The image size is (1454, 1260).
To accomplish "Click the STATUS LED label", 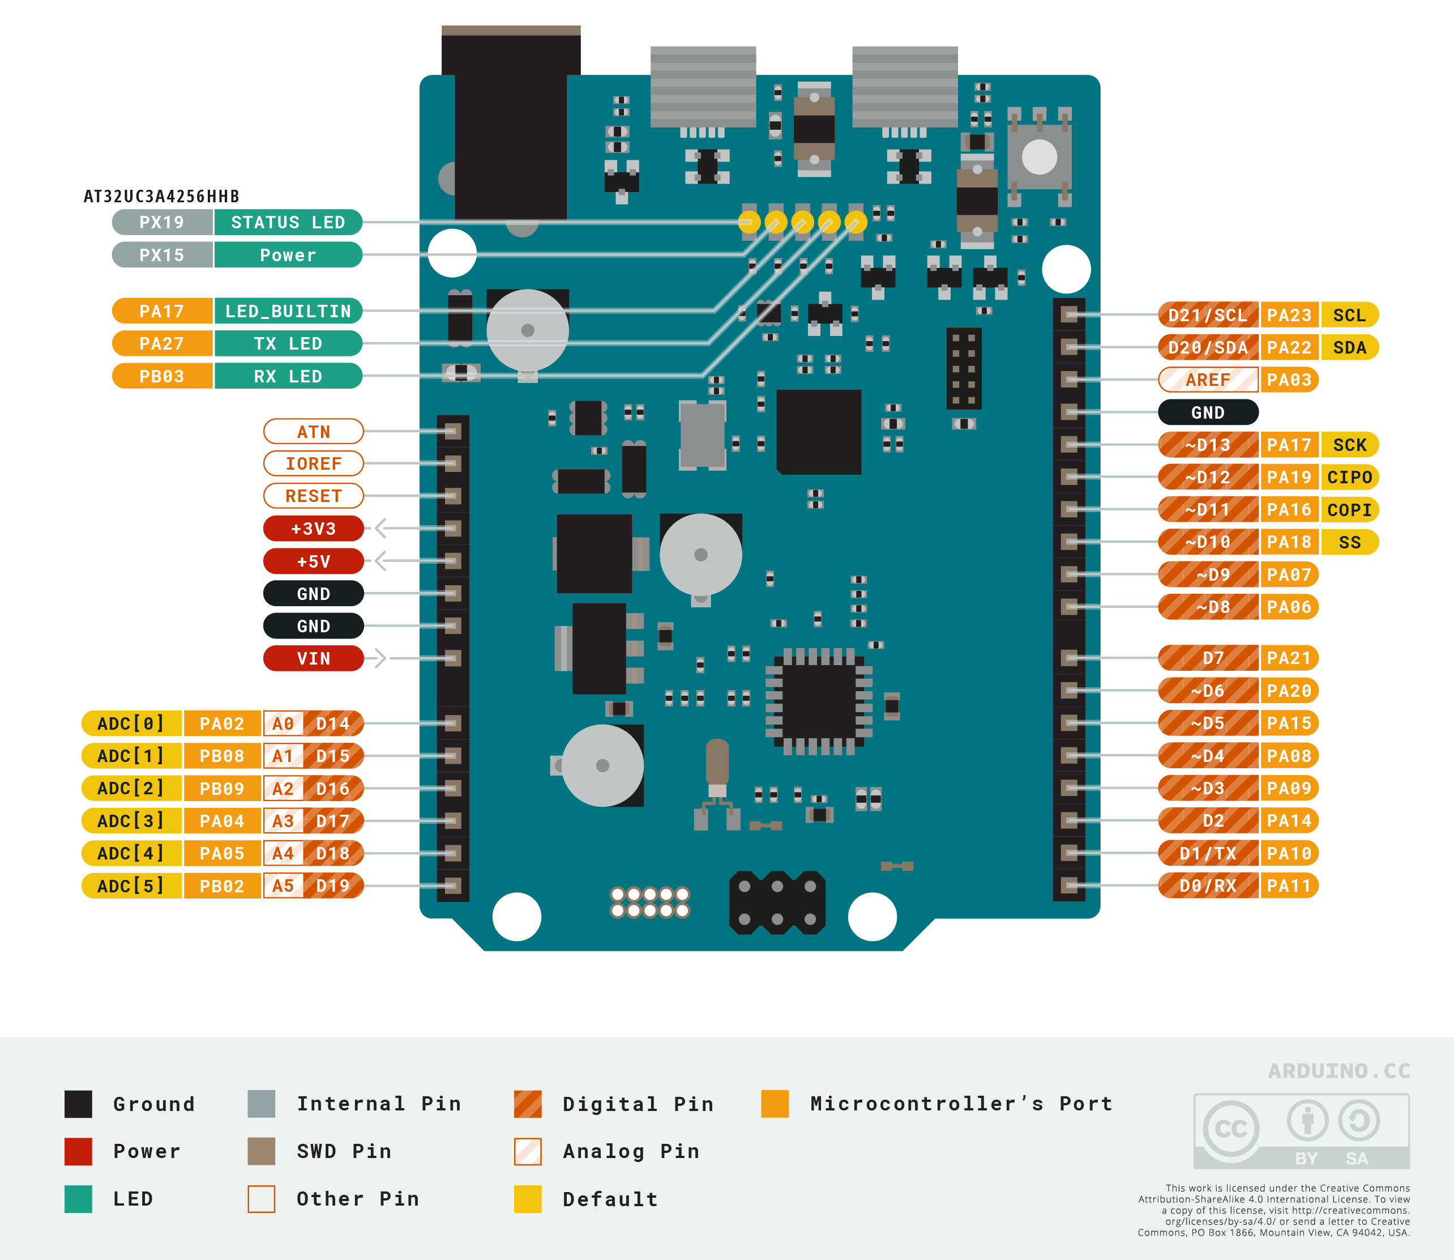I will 288,222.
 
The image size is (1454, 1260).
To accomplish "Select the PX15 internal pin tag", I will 161,254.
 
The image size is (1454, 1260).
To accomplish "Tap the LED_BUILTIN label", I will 288,311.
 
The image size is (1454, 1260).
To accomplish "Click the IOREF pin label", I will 314,463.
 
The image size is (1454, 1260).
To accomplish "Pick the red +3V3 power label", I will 314,528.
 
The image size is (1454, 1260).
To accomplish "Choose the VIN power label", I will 314,658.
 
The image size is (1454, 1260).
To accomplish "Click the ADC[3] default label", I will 131,820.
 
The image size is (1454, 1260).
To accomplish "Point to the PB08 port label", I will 221,756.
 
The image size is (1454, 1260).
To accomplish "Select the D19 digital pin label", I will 333,886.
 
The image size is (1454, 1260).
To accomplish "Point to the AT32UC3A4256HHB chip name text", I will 161,196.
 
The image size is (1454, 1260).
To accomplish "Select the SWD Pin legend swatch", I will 262,1151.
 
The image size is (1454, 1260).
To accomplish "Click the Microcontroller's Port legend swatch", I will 775,1103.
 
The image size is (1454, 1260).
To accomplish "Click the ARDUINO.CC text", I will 1338,1071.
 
